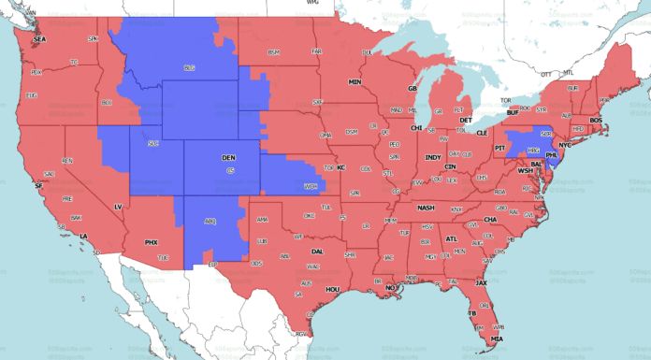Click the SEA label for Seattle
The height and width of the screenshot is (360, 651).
coord(39,39)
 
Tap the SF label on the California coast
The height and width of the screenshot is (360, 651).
coord(39,186)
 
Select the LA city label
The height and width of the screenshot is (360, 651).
coord(83,235)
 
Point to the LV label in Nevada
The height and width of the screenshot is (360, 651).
coord(118,206)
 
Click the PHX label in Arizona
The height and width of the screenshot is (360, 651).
coord(151,242)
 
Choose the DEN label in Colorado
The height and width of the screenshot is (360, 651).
coord(228,159)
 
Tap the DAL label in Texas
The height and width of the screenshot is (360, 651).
coord(317,252)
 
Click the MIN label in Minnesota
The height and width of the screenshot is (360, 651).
coord(355,82)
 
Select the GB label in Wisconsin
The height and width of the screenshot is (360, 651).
coord(411,88)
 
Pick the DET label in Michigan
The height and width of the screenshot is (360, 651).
coord(465,121)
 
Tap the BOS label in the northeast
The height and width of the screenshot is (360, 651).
coord(595,121)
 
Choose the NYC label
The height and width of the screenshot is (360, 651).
coord(565,147)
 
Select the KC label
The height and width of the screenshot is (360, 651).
coord(341,167)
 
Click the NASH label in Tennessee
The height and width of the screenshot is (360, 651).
coord(426,208)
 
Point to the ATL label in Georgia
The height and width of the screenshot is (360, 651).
coord(452,238)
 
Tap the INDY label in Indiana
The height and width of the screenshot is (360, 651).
coord(432,157)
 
